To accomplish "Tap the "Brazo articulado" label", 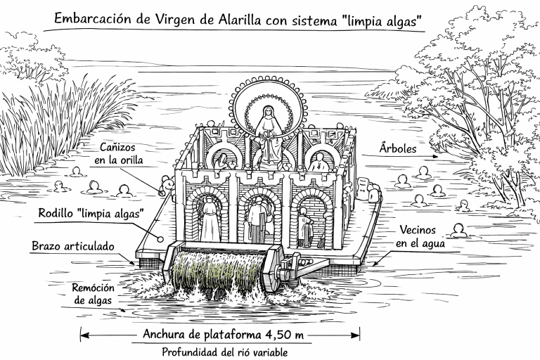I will (x=72, y=247).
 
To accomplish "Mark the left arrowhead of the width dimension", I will (x=83, y=335).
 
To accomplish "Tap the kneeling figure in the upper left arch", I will (x=222, y=160).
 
